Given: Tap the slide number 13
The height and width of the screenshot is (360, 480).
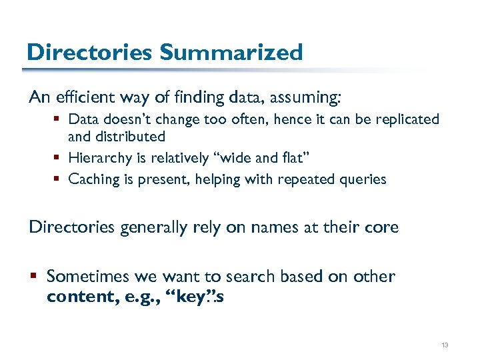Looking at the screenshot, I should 445,345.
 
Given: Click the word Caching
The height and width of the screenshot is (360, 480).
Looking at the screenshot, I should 93,179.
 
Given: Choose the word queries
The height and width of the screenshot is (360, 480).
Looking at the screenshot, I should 361,179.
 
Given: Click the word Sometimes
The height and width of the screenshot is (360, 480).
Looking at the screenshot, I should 87,276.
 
